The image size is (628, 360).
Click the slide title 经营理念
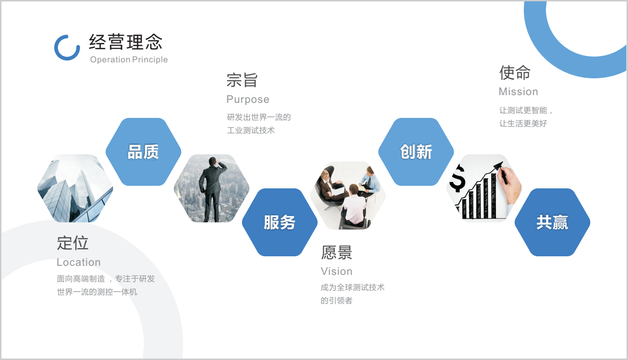tap(126, 42)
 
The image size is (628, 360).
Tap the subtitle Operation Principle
tap(129, 60)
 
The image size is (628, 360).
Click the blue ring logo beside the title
tap(67, 47)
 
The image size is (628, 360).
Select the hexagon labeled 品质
tap(143, 152)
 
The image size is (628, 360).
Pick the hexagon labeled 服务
tap(279, 223)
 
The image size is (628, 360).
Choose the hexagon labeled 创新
tap(416, 152)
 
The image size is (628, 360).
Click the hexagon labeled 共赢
tap(552, 223)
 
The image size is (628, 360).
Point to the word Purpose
tap(248, 99)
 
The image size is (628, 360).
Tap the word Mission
tap(518, 91)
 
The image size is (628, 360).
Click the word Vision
tap(337, 271)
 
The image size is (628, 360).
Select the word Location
tap(79, 262)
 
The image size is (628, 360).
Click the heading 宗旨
tap(242, 81)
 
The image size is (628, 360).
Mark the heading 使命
tap(515, 72)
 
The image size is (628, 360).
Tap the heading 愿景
tap(337, 253)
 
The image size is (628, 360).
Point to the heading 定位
tap(73, 243)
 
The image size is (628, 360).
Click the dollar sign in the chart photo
tap(457, 179)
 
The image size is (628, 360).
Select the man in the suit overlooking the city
tap(211, 188)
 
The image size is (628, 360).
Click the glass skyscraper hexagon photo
tap(75, 188)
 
